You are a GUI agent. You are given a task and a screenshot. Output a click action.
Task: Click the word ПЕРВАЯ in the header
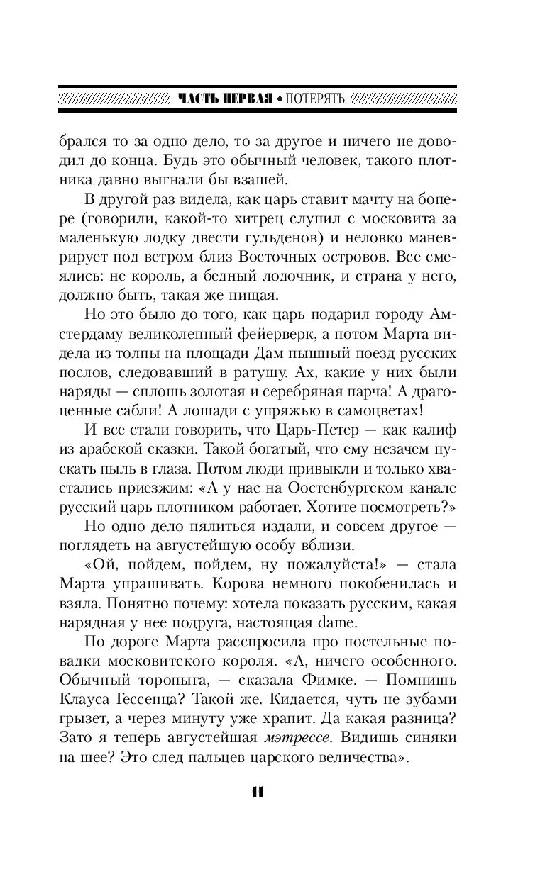pos(243,99)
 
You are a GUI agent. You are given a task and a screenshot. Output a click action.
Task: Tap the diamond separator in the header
pos(280,99)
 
